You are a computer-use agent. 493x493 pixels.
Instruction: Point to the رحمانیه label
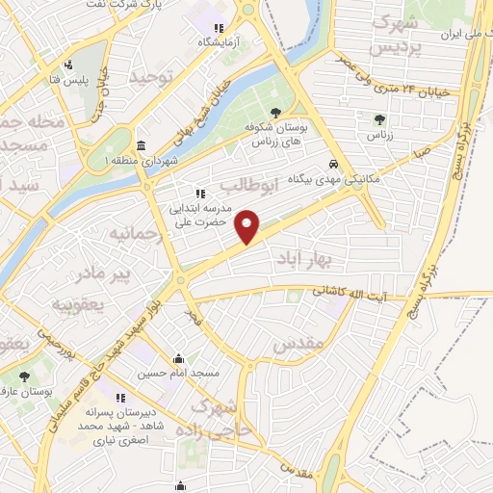tap(131, 234)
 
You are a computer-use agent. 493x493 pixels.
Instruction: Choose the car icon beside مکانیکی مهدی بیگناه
tap(333, 164)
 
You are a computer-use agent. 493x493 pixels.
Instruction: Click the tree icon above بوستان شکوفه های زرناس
tap(276, 113)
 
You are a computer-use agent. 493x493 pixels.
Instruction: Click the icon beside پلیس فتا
tap(67, 66)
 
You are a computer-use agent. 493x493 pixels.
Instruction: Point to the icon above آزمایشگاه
tap(219, 28)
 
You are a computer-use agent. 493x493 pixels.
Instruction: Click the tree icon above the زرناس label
tap(377, 120)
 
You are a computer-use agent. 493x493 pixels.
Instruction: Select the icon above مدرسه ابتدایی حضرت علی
tap(200, 192)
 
